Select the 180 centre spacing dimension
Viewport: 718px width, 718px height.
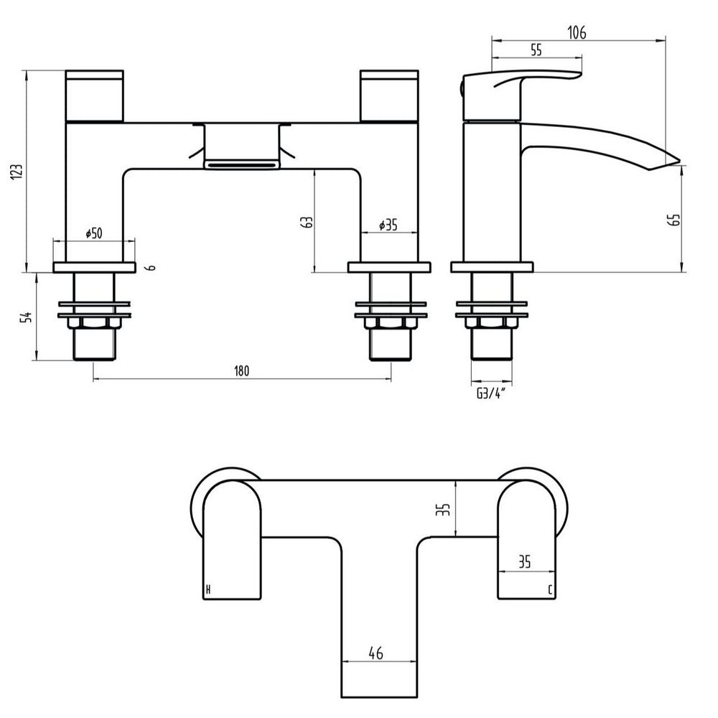click(x=241, y=371)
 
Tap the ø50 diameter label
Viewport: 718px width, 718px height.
click(x=94, y=233)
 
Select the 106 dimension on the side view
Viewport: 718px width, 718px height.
click(x=576, y=32)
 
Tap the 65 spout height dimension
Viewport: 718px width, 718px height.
click(x=674, y=220)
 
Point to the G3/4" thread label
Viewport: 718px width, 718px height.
click(x=492, y=391)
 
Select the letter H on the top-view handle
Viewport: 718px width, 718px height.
click(x=208, y=590)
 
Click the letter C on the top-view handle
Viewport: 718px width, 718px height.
click(x=549, y=590)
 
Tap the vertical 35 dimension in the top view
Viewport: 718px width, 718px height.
click(x=446, y=509)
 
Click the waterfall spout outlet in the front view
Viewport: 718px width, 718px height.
click(x=241, y=164)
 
